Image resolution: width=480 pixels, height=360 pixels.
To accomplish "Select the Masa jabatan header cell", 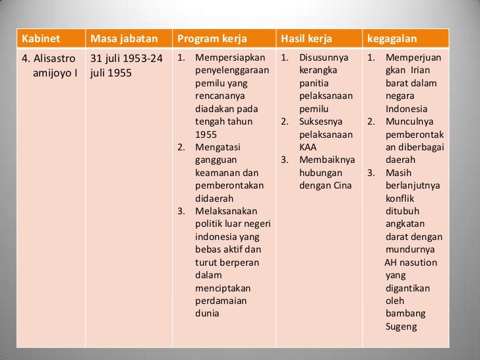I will [125, 37].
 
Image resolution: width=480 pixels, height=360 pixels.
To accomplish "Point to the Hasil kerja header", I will [305, 37].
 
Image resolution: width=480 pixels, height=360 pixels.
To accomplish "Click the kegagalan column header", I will [392, 37].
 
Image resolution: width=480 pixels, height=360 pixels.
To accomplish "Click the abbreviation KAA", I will [308, 147].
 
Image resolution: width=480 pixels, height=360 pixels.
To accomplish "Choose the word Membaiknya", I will [327, 160].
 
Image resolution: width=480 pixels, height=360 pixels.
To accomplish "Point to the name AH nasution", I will [410, 262].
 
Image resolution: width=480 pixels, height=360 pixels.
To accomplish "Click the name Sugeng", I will [401, 326].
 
